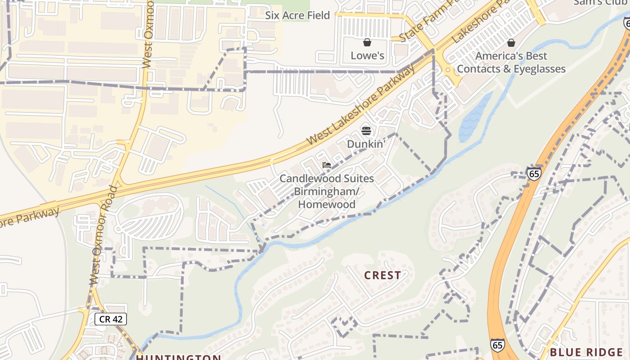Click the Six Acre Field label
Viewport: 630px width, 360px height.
click(297, 15)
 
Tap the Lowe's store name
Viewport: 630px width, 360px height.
click(368, 55)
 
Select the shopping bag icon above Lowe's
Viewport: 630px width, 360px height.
click(367, 43)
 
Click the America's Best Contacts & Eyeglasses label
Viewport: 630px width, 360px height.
click(511, 63)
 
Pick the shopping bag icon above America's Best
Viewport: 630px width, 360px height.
click(511, 43)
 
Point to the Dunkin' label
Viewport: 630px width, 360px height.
click(366, 144)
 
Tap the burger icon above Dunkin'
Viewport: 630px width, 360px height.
click(366, 131)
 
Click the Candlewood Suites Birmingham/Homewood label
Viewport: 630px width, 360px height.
click(327, 191)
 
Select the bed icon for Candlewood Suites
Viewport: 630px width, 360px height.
click(327, 165)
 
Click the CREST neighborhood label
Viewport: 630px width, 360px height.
click(382, 275)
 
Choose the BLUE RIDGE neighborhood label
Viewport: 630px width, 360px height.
click(586, 352)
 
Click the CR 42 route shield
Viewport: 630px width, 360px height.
click(111, 319)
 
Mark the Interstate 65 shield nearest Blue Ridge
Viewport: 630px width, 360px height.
click(497, 345)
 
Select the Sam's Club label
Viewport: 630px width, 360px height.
click(601, 3)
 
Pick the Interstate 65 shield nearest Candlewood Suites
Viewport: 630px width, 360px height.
click(534, 173)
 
